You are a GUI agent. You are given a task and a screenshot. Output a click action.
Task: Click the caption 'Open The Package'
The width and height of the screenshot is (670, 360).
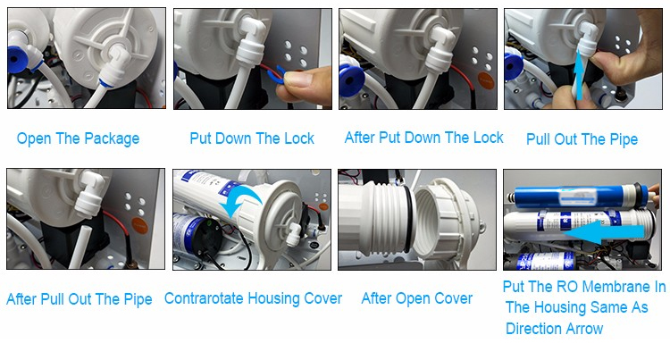click(78, 138)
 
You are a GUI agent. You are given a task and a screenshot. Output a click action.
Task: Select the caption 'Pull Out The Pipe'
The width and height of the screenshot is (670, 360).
click(582, 139)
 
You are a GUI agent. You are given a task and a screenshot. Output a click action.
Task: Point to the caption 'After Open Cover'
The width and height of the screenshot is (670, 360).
click(416, 298)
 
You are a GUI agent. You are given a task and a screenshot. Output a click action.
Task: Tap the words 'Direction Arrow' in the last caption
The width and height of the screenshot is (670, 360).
click(554, 329)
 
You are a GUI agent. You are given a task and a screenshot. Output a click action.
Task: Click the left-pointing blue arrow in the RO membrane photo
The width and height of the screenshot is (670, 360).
click(603, 234)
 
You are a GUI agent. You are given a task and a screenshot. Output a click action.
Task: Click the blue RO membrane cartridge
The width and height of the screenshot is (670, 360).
click(577, 197)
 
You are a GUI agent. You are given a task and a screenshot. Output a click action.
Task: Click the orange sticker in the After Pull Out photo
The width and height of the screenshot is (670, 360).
click(139, 225)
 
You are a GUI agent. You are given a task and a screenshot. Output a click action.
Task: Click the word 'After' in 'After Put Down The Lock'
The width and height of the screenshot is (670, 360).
click(360, 138)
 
